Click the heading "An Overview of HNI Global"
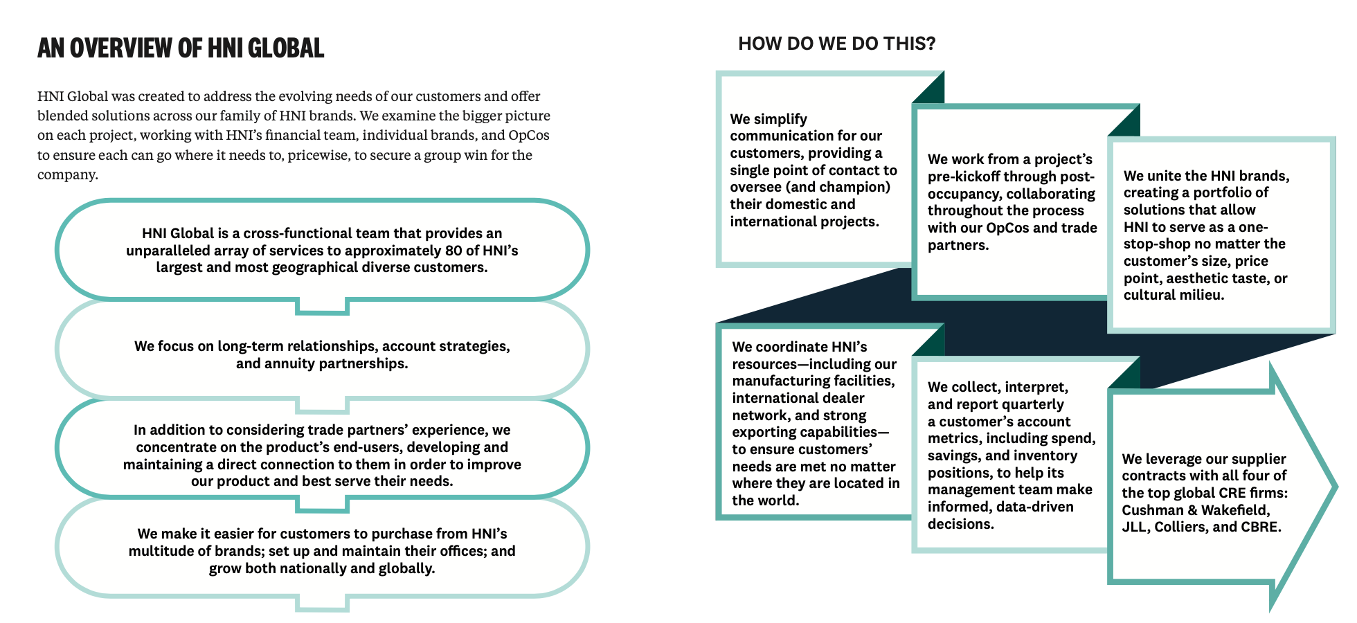(181, 48)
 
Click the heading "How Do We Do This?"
(836, 44)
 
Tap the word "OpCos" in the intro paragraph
(529, 135)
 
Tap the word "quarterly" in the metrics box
(1032, 404)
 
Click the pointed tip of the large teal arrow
(1337, 487)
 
